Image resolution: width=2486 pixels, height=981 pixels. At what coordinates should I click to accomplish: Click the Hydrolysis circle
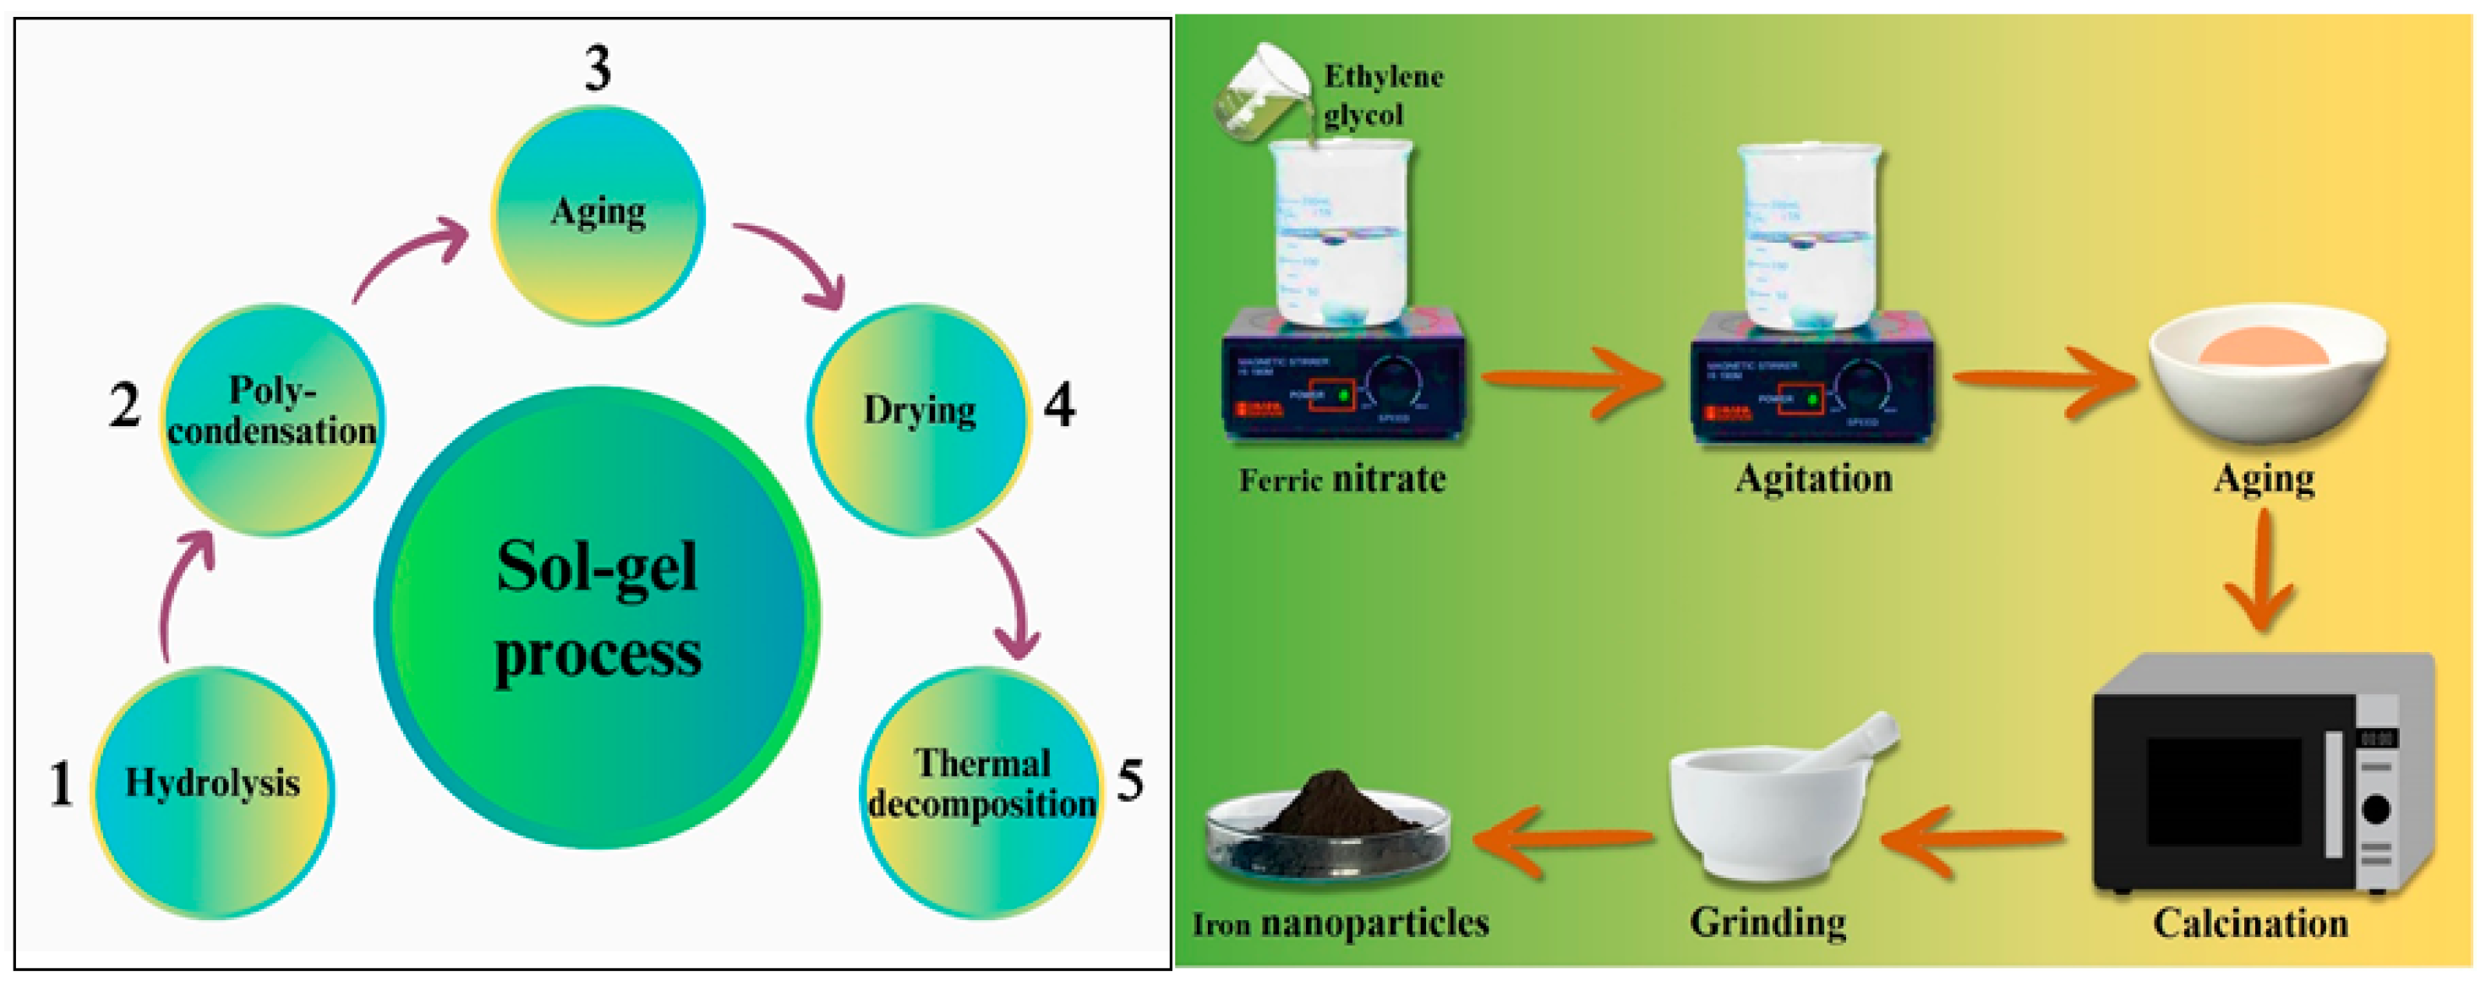coord(212,792)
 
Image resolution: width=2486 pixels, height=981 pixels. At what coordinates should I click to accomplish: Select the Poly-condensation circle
coord(272,420)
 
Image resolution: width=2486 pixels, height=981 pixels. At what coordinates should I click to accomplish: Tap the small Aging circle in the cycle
coord(598,214)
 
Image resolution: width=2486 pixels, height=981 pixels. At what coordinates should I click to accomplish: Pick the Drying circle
coord(919,420)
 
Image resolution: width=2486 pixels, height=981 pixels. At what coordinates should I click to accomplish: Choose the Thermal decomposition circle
coord(981,792)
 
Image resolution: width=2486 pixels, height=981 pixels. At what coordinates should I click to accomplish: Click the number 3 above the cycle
coord(598,69)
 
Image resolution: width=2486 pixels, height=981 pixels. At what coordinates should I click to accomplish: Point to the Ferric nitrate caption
coord(1342,479)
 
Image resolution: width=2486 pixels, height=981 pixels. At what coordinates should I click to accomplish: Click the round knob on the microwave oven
coord(2375,808)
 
